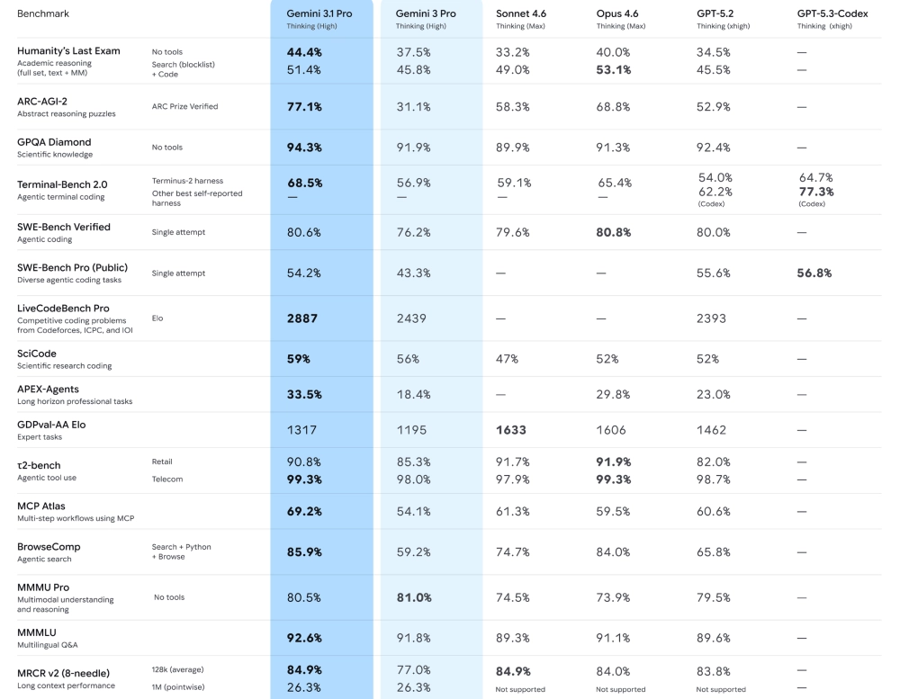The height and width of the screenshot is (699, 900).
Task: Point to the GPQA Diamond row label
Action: point(54,142)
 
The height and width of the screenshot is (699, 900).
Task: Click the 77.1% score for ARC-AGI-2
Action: point(304,107)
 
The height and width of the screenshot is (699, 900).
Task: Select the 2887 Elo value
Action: point(301,318)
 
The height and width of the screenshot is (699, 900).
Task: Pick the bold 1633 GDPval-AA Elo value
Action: point(511,431)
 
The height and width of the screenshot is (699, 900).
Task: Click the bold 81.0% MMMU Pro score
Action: point(414,597)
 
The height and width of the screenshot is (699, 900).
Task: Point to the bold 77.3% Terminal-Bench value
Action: point(815,192)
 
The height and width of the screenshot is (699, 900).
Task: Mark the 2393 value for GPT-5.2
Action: point(713,318)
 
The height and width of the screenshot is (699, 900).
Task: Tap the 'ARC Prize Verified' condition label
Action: point(184,107)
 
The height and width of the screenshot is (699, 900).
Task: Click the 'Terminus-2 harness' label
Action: point(188,181)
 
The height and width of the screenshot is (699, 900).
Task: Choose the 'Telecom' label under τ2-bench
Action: point(166,479)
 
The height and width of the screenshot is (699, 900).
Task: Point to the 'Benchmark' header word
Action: point(42,14)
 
